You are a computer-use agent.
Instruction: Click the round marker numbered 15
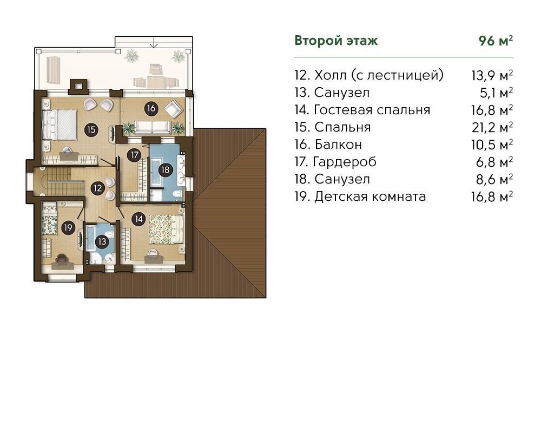coord(91,130)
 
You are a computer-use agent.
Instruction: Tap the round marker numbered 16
coord(151,108)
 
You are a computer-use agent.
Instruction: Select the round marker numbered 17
coord(134,155)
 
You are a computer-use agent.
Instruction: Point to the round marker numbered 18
coord(166,170)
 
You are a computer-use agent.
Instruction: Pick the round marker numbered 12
coord(97,188)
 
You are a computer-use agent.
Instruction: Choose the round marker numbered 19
coord(68,228)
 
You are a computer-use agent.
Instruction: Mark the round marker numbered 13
coord(102,241)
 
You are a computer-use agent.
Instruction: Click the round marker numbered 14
coord(138,219)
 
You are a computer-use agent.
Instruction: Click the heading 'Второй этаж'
coord(336,41)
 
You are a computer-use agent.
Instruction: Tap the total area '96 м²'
coord(496,41)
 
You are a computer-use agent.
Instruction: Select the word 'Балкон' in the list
coord(338,145)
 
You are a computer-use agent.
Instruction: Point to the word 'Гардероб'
coord(345,162)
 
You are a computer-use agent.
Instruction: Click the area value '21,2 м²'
coord(492,127)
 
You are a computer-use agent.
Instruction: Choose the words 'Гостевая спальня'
coord(372,110)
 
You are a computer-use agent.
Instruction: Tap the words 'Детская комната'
coord(370,196)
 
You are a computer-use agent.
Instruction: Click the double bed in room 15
coord(60,125)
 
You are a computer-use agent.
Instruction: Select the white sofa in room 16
coord(152,127)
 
